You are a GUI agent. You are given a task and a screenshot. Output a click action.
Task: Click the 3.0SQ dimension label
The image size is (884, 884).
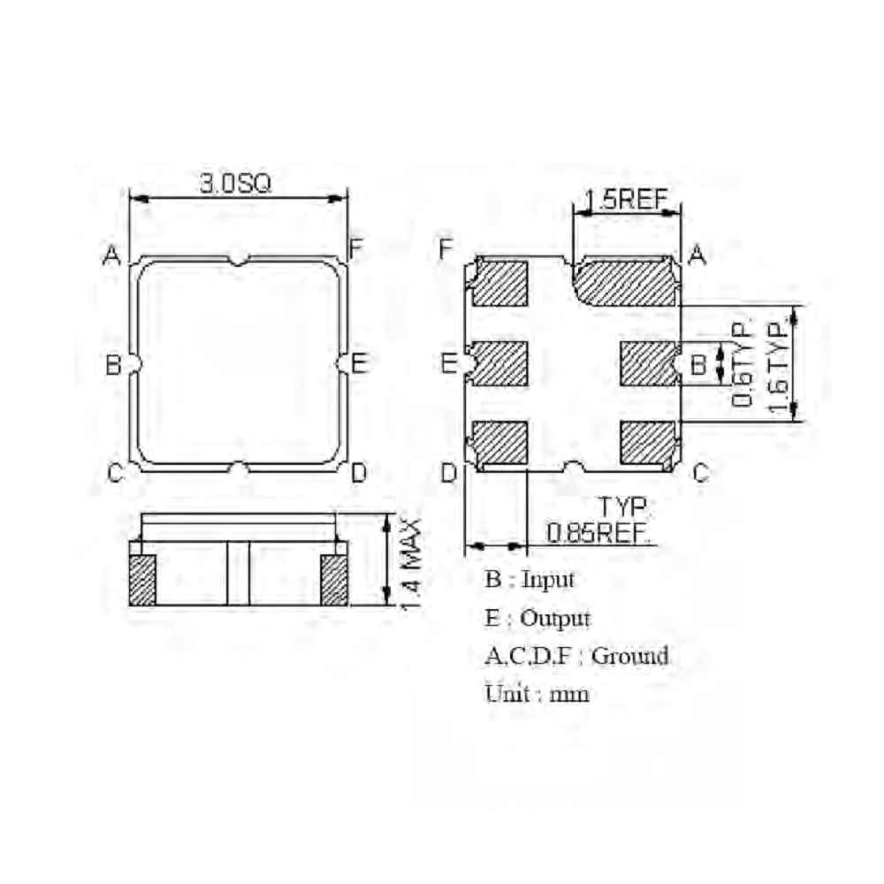coord(236,184)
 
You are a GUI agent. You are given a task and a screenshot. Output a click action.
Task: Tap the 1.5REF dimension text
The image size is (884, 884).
coord(627,200)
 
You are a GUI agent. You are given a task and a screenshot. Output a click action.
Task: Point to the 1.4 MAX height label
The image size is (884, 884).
coord(410,564)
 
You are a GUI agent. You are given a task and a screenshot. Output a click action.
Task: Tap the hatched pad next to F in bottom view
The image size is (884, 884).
coord(499,283)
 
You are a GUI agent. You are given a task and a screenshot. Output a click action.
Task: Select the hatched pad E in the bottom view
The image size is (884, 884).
coord(499,363)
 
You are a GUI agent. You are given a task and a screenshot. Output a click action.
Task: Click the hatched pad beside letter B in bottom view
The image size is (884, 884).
coord(648,363)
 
